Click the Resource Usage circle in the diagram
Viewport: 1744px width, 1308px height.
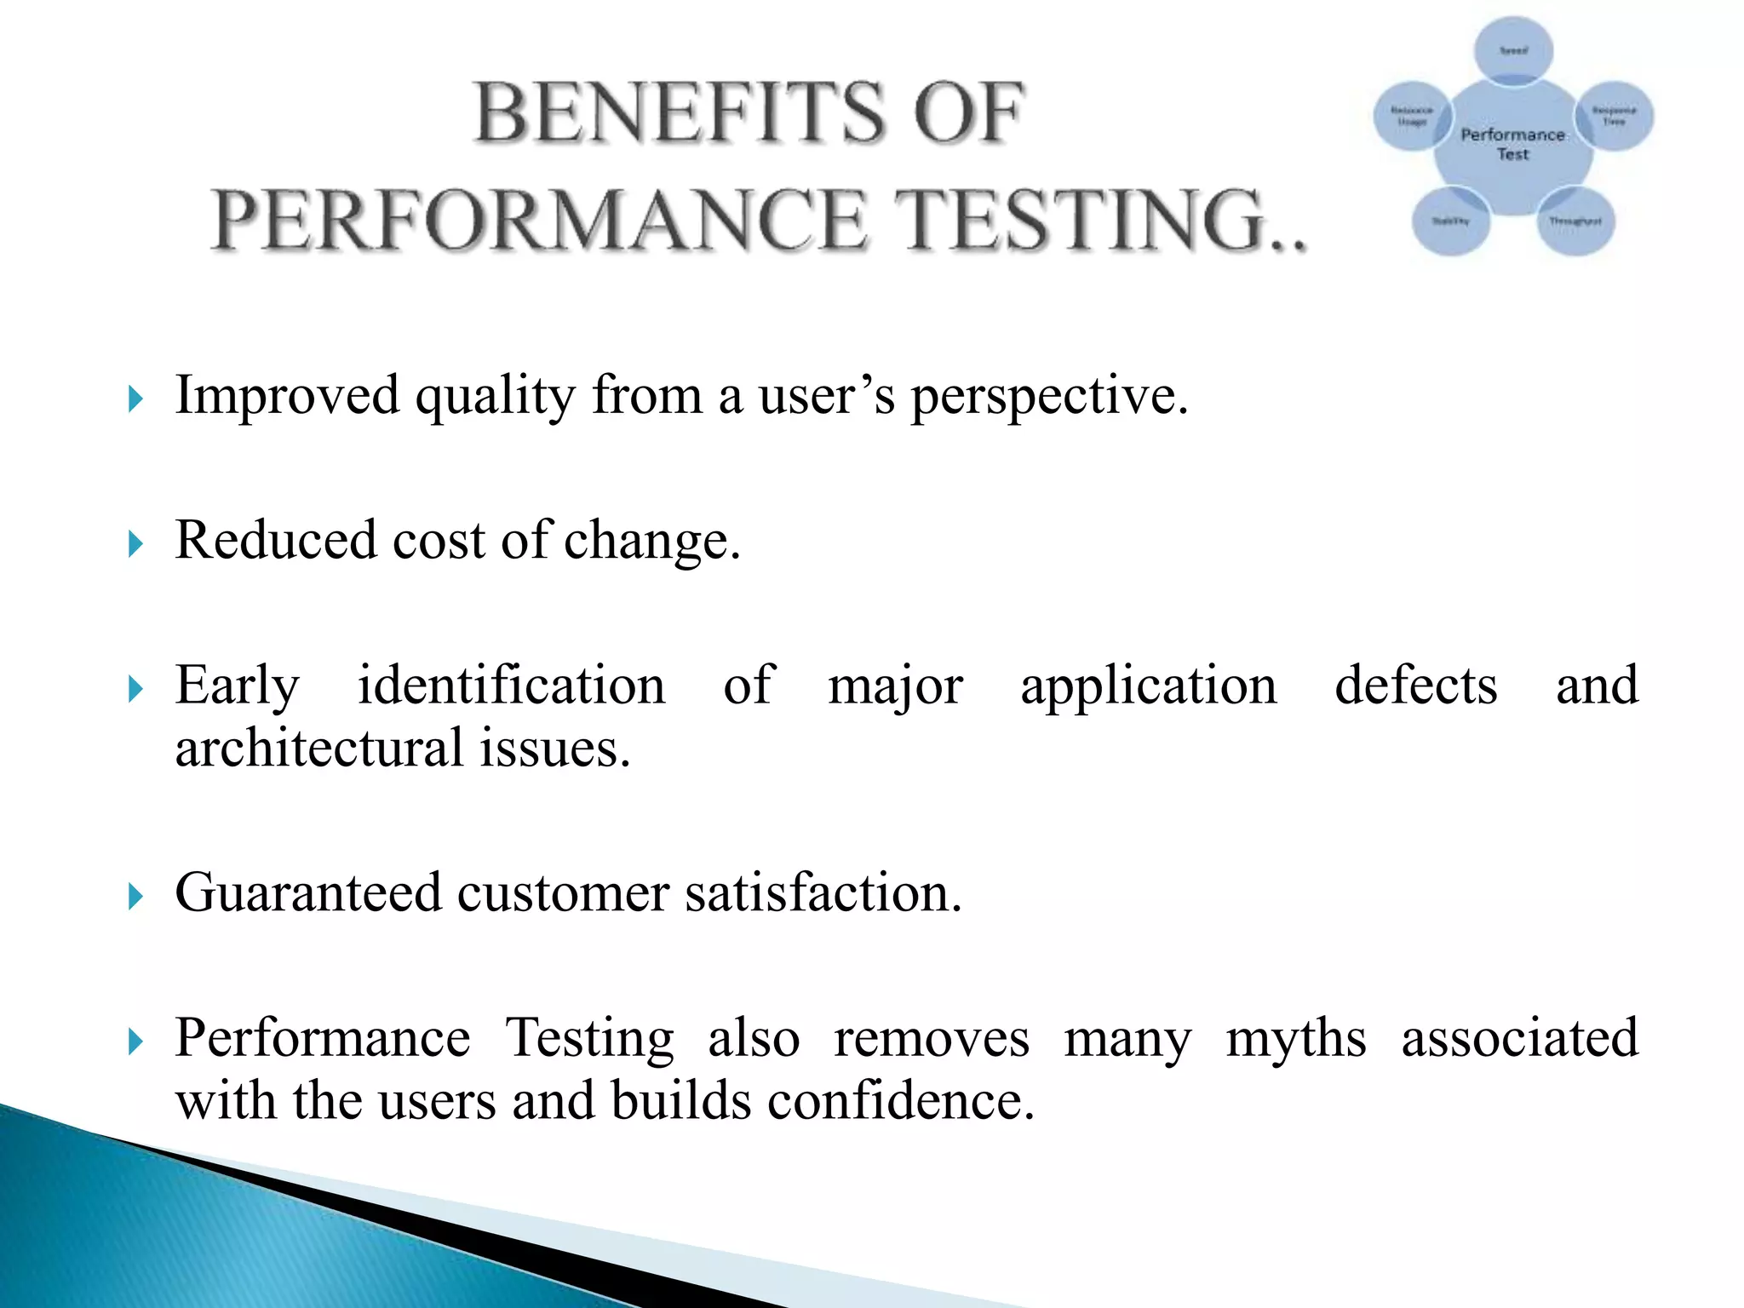1411,117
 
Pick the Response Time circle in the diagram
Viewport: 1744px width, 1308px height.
1615,116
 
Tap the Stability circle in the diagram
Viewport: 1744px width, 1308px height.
1450,221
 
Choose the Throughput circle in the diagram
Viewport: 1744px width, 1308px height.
1575,221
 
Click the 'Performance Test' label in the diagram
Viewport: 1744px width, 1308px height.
1513,144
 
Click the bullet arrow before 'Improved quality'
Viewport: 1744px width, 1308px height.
135,399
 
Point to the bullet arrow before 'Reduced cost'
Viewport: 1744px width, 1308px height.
135,543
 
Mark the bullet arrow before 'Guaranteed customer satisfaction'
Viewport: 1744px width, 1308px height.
135,896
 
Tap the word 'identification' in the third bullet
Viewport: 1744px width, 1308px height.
511,686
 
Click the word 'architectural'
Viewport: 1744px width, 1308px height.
318,749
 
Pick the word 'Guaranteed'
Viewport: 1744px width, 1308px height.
308,893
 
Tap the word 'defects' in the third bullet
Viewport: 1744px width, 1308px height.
1415,686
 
